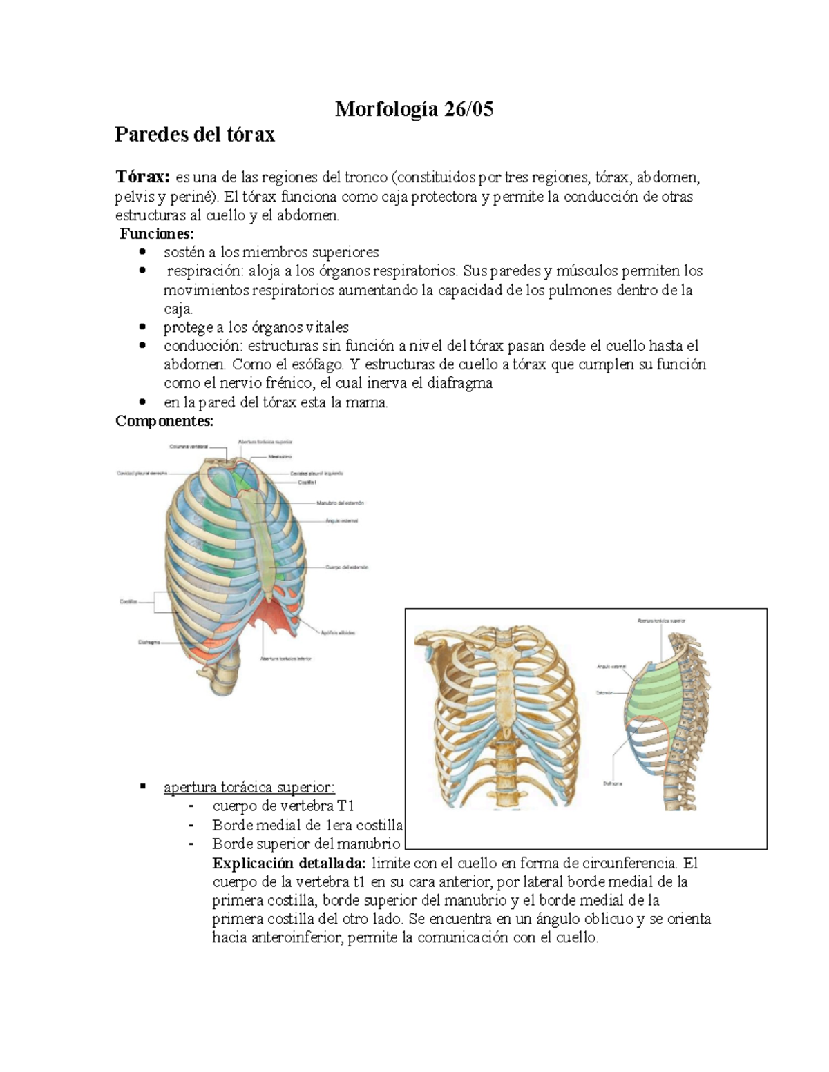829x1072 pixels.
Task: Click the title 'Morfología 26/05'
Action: (414, 109)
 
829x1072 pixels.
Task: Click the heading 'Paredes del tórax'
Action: (194, 134)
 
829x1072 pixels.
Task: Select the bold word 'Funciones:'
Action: (157, 233)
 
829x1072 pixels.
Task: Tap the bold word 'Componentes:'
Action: (164, 420)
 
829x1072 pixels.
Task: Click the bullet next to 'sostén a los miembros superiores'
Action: (142, 253)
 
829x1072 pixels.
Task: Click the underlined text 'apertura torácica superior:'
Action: (249, 788)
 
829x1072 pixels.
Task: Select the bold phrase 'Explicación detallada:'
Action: (289, 863)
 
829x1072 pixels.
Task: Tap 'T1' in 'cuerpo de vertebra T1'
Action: (345, 806)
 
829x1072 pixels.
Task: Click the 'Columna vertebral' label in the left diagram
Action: (188, 447)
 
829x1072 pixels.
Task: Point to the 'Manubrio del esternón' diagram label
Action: (340, 503)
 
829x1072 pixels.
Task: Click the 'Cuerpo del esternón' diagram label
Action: (347, 567)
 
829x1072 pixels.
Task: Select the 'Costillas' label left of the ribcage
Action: (128, 602)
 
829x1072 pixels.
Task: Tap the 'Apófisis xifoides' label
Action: (338, 632)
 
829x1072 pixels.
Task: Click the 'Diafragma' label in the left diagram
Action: (149, 642)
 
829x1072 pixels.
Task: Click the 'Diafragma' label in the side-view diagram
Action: (612, 783)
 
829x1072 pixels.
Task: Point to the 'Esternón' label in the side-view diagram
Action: (604, 692)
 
